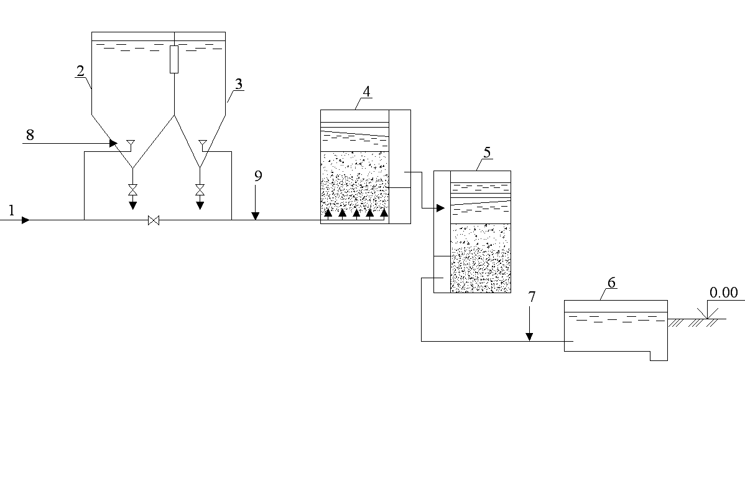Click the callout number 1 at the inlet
(x=11, y=210)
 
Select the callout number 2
(x=80, y=71)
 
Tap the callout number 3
(x=239, y=84)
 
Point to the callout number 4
(x=366, y=91)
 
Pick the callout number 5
(x=487, y=152)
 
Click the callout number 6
(x=611, y=283)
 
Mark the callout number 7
(x=532, y=297)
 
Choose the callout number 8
(x=30, y=135)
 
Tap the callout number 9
(x=258, y=176)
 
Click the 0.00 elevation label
(x=724, y=293)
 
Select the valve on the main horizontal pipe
(x=154, y=220)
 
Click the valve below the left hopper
(x=133, y=189)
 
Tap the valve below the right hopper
(x=200, y=189)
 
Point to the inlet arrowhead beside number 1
(x=25, y=220)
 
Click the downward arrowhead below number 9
(x=256, y=217)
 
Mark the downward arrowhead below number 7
(x=529, y=337)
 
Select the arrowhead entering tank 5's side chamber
(x=440, y=208)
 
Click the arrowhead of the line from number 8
(x=113, y=143)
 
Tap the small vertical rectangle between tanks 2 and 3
(x=174, y=60)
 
